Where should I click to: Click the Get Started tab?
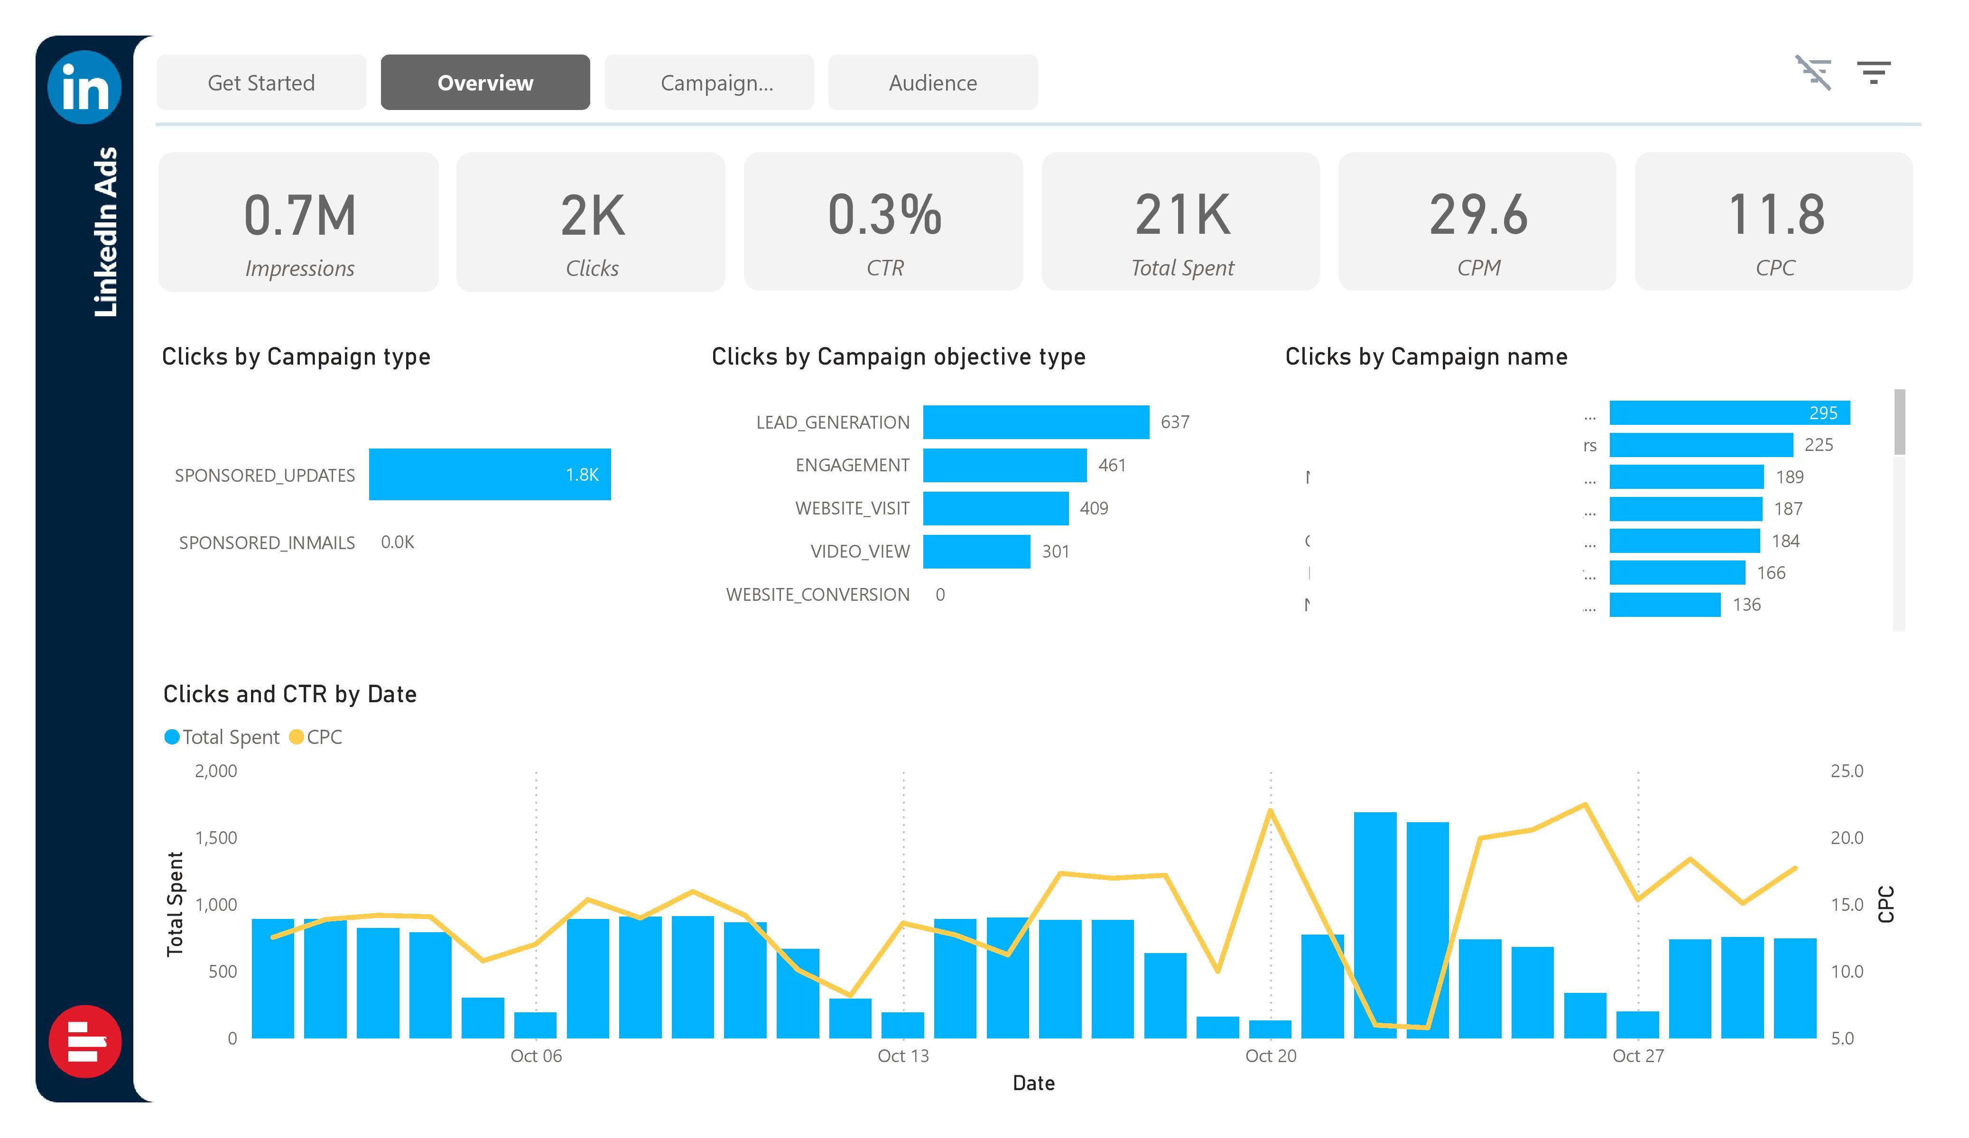point(261,83)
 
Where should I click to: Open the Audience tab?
point(932,83)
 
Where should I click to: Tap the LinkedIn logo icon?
point(84,87)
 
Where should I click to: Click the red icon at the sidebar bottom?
point(84,1041)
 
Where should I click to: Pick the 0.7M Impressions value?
point(299,216)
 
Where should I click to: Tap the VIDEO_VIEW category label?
point(860,551)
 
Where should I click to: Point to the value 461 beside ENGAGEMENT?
point(1111,466)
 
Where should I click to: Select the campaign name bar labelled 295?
point(1728,413)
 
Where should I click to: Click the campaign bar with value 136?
point(1664,605)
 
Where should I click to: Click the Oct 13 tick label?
point(903,1056)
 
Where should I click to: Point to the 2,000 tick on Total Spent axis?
point(216,771)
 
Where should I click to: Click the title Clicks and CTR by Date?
point(290,694)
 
